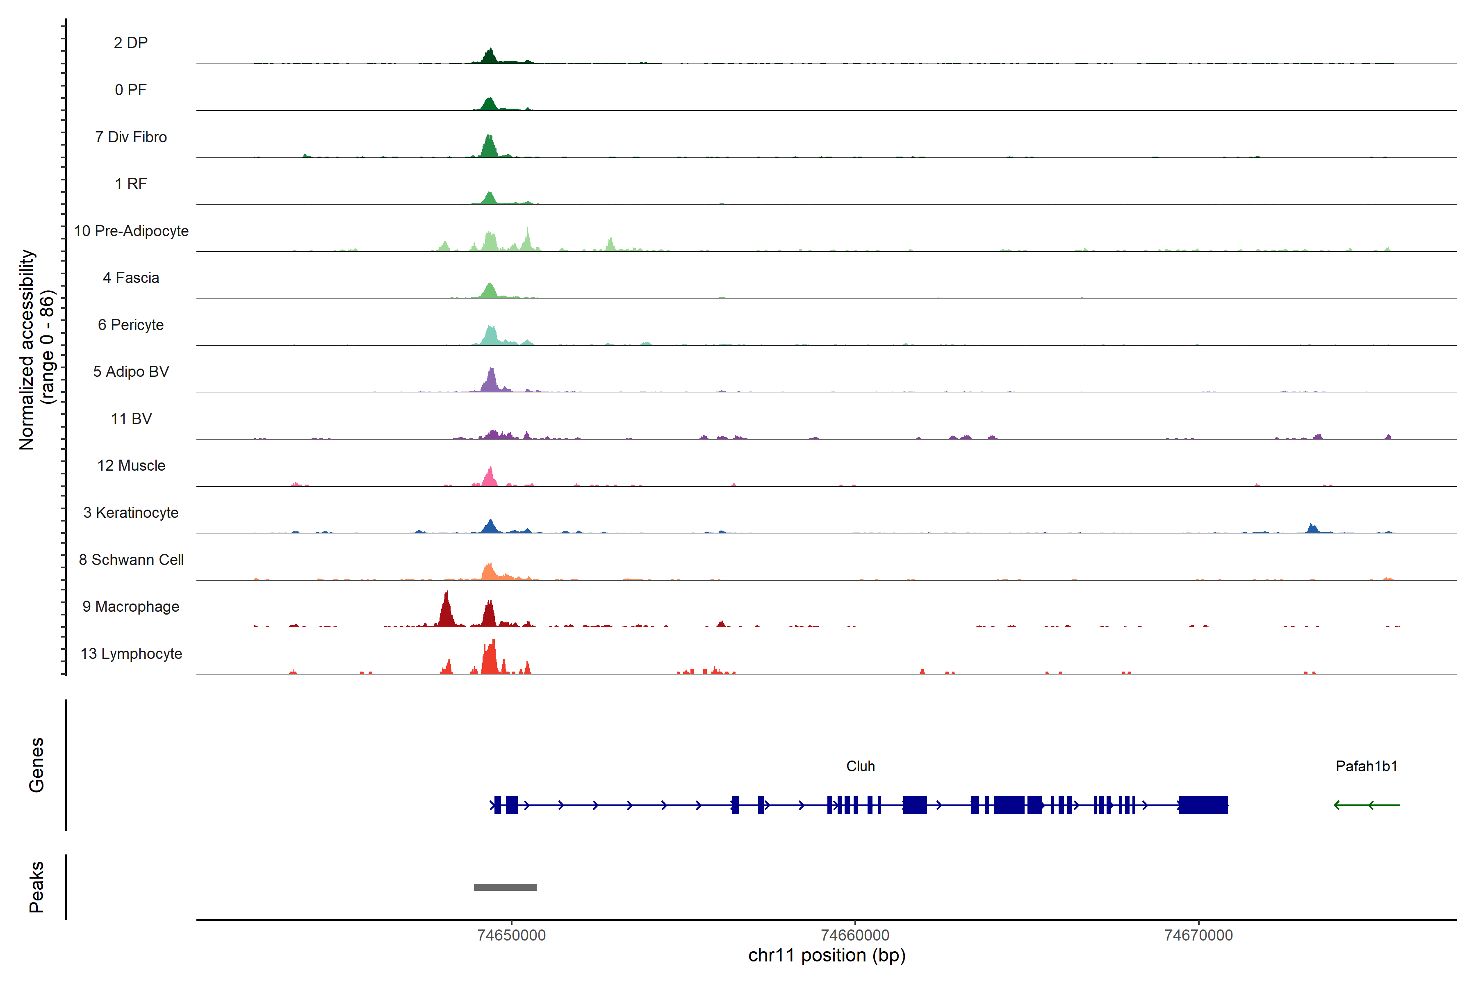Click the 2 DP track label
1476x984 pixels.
[x=130, y=43]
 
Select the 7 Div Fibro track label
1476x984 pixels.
[x=130, y=137]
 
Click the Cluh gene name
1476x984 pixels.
[x=860, y=766]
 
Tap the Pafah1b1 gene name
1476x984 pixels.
[x=1366, y=766]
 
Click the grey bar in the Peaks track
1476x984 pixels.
[x=505, y=887]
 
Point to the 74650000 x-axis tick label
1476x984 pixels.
[x=511, y=936]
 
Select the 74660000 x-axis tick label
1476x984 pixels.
[x=855, y=936]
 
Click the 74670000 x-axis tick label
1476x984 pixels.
[x=1198, y=936]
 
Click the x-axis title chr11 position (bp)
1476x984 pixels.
[x=827, y=956]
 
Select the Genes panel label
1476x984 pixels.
[x=36, y=765]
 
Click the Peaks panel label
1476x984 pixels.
[x=36, y=887]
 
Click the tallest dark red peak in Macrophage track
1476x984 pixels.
[x=446, y=609]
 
